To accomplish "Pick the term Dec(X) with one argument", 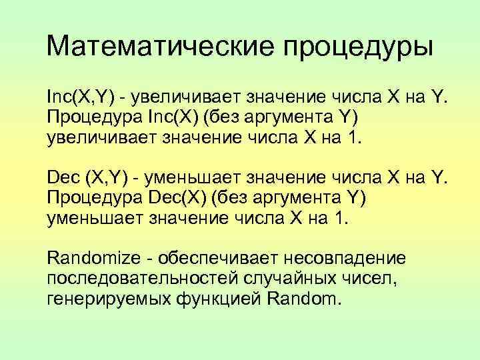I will [180, 198].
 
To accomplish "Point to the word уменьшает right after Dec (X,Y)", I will [187, 178].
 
